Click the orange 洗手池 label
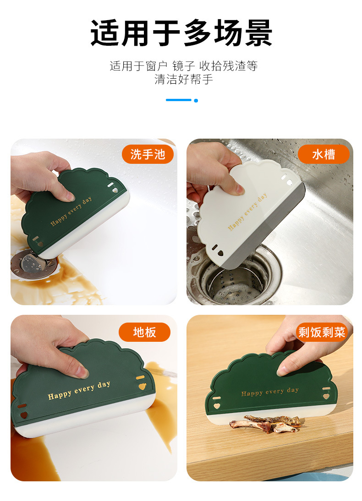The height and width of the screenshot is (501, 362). tap(148, 154)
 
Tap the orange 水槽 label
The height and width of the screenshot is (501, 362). tap(324, 154)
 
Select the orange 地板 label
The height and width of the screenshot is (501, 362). tap(144, 332)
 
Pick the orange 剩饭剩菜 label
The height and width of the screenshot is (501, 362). tap(322, 332)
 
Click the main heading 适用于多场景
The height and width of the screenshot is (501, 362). tap(181, 33)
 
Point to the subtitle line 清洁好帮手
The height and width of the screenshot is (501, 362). tap(183, 79)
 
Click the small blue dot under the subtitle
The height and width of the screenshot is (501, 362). tap(196, 100)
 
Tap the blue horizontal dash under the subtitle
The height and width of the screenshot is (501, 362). tap(178, 100)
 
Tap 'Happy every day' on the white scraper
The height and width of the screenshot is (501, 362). tap(247, 212)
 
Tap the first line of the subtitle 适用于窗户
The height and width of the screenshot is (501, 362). tap(183, 66)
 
